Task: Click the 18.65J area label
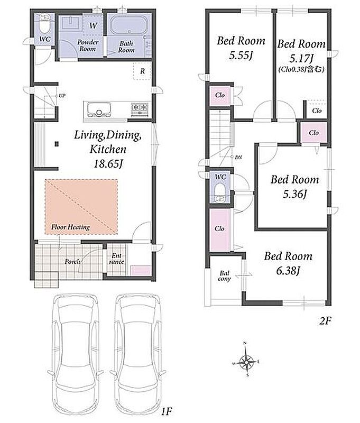coord(108,164)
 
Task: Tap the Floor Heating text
coord(70,227)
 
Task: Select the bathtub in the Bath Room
coord(129,25)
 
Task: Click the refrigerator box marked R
coord(142,71)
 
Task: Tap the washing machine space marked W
coord(93,25)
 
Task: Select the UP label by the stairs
coord(62,96)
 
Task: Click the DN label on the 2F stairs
coord(238,157)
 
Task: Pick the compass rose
coord(246,360)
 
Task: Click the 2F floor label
coord(325,321)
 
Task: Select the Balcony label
coord(224,275)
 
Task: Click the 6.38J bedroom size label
coord(288,271)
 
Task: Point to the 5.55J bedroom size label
coord(241,56)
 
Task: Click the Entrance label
coord(117,259)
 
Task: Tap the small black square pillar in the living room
coord(57,144)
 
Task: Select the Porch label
coord(72,261)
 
